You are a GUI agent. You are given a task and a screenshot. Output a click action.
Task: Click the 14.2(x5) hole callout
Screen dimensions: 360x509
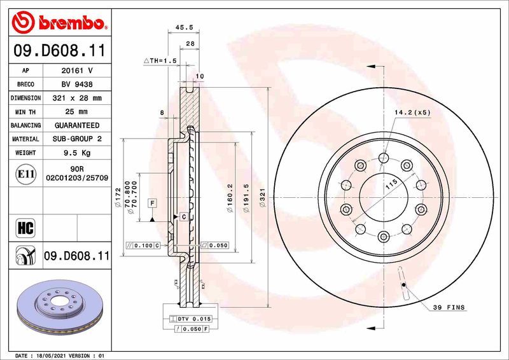point(412,113)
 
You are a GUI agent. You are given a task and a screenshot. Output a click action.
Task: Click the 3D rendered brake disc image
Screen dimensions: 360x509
point(59,307)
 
